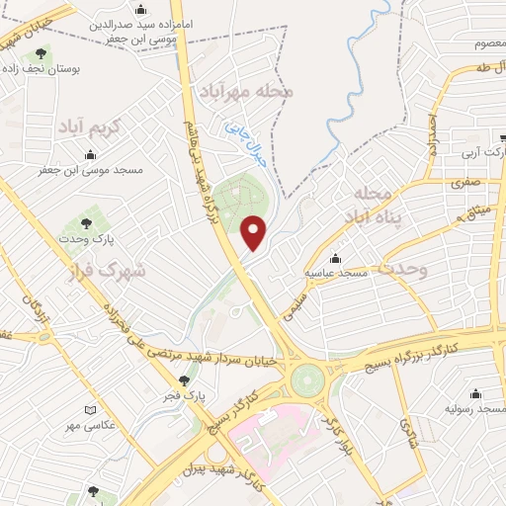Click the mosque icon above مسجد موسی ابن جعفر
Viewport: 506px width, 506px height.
91,154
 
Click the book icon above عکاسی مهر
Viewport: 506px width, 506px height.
92,409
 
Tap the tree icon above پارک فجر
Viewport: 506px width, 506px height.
183,380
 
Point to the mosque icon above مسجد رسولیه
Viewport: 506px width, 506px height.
478,393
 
